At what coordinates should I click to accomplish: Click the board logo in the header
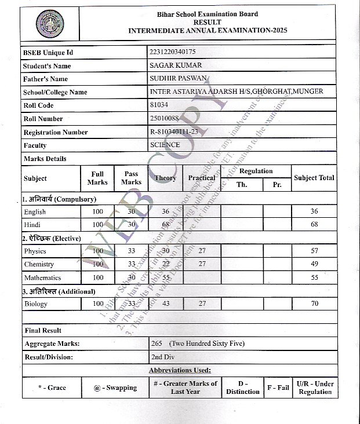click(50, 24)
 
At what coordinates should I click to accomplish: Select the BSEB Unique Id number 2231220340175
click(172, 52)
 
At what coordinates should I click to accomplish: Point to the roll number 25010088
click(164, 119)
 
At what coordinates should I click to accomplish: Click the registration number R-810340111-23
click(174, 132)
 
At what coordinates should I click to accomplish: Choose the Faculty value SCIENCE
click(165, 145)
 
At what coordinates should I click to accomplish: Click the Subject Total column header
click(314, 178)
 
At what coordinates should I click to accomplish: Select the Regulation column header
click(256, 171)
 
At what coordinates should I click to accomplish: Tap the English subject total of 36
click(314, 211)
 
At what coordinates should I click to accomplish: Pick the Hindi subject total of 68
click(314, 224)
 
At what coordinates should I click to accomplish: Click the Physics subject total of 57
click(314, 251)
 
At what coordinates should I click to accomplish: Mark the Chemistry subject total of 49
click(314, 264)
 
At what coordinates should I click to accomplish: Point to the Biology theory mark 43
click(166, 304)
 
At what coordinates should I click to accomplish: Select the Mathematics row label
click(42, 277)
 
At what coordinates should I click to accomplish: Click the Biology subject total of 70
click(314, 304)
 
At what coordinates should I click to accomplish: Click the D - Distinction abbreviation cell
click(243, 388)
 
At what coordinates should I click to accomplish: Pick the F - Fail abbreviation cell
click(278, 388)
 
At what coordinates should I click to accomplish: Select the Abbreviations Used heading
click(180, 370)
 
